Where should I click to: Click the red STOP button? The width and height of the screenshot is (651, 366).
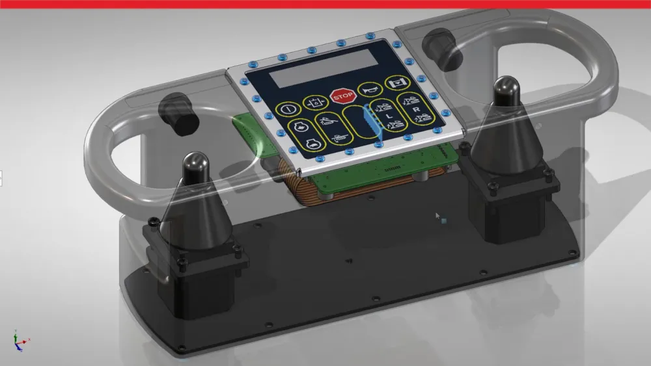coord(342,96)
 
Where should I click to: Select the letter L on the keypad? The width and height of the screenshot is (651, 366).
coord(388,115)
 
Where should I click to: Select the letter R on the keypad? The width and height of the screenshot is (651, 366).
coord(415,110)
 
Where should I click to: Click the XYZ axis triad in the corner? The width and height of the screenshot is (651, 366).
coord(19,340)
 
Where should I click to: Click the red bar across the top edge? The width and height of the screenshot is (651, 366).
coord(325,4)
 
